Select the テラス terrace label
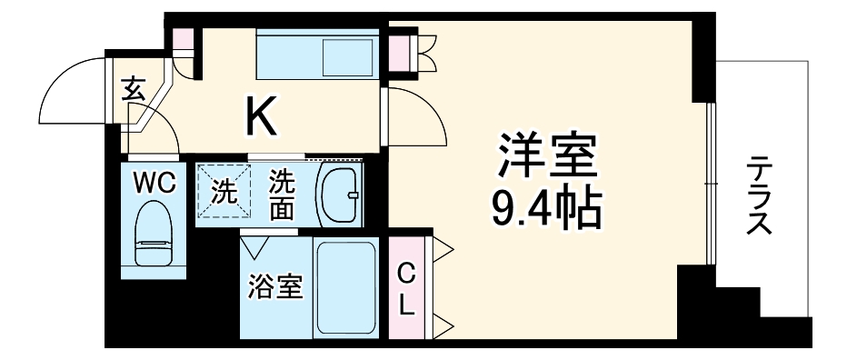coord(759,195)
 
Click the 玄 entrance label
coord(133,91)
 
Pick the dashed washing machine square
coord(222,190)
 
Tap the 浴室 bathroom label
coord(275,287)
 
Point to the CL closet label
coord(406,288)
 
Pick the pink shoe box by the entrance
coord(184,40)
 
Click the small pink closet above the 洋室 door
coord(401,51)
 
